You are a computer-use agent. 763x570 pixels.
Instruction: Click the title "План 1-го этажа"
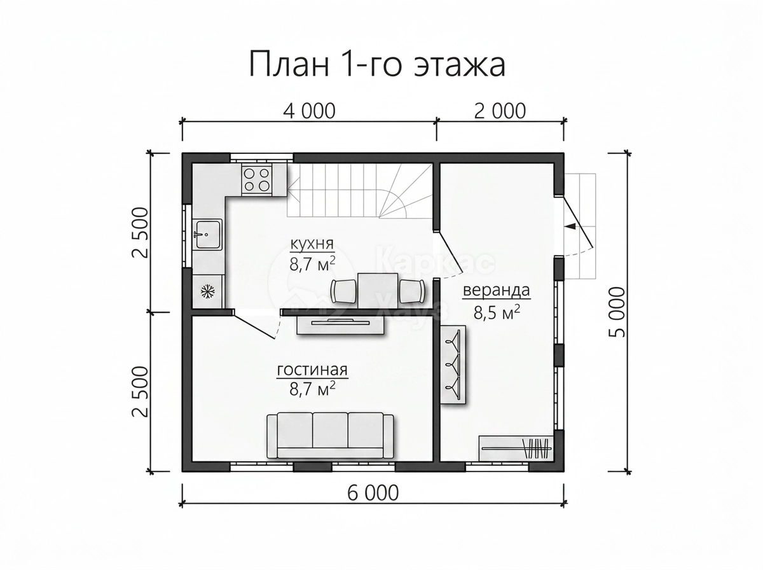(x=377, y=65)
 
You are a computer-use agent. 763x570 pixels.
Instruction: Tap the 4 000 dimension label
(x=310, y=111)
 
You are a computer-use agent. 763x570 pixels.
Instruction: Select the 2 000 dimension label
(x=500, y=111)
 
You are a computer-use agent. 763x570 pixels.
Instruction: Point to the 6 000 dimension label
(x=373, y=493)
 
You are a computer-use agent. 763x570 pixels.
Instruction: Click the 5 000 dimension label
(x=617, y=312)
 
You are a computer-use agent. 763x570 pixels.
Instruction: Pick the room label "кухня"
(x=312, y=244)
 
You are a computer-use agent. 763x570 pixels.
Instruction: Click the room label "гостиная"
(x=312, y=370)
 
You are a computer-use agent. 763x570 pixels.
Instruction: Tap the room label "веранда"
(x=497, y=290)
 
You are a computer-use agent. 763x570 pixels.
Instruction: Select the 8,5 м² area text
(x=497, y=312)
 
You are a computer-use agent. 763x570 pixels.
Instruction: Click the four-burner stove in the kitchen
(x=257, y=179)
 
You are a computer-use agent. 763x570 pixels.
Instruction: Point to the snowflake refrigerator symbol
(x=208, y=291)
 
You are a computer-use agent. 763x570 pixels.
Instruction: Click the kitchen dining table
(x=378, y=290)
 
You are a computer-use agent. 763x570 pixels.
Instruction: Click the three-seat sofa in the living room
(x=330, y=436)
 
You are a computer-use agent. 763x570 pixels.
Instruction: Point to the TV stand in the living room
(x=340, y=325)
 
